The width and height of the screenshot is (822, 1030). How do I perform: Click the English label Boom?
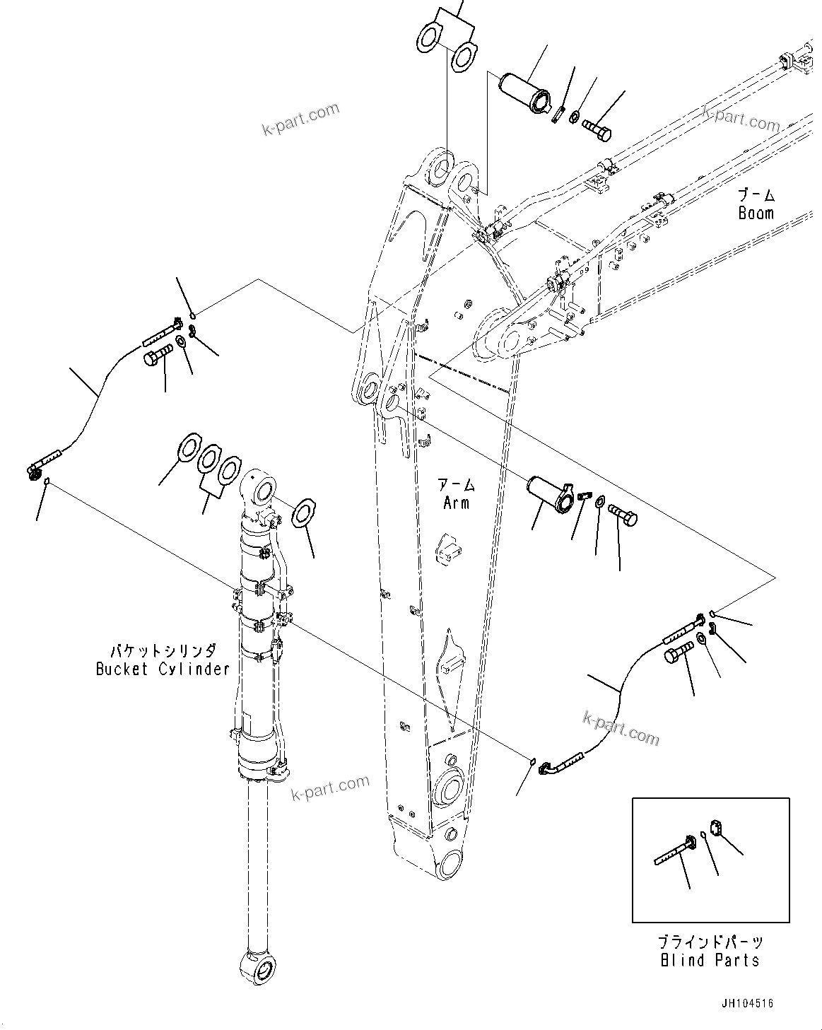click(756, 213)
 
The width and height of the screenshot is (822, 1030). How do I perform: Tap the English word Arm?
click(456, 503)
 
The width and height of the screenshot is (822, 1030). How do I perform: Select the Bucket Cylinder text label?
click(163, 669)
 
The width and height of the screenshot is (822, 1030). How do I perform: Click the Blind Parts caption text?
click(710, 960)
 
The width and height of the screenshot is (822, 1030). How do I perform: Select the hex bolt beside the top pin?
click(597, 129)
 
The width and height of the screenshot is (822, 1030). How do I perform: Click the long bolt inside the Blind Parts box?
click(676, 850)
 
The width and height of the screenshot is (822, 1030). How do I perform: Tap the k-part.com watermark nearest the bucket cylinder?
click(330, 788)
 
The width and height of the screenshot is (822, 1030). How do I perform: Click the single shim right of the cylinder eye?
click(304, 512)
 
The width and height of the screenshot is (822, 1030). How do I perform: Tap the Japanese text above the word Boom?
click(756, 194)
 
